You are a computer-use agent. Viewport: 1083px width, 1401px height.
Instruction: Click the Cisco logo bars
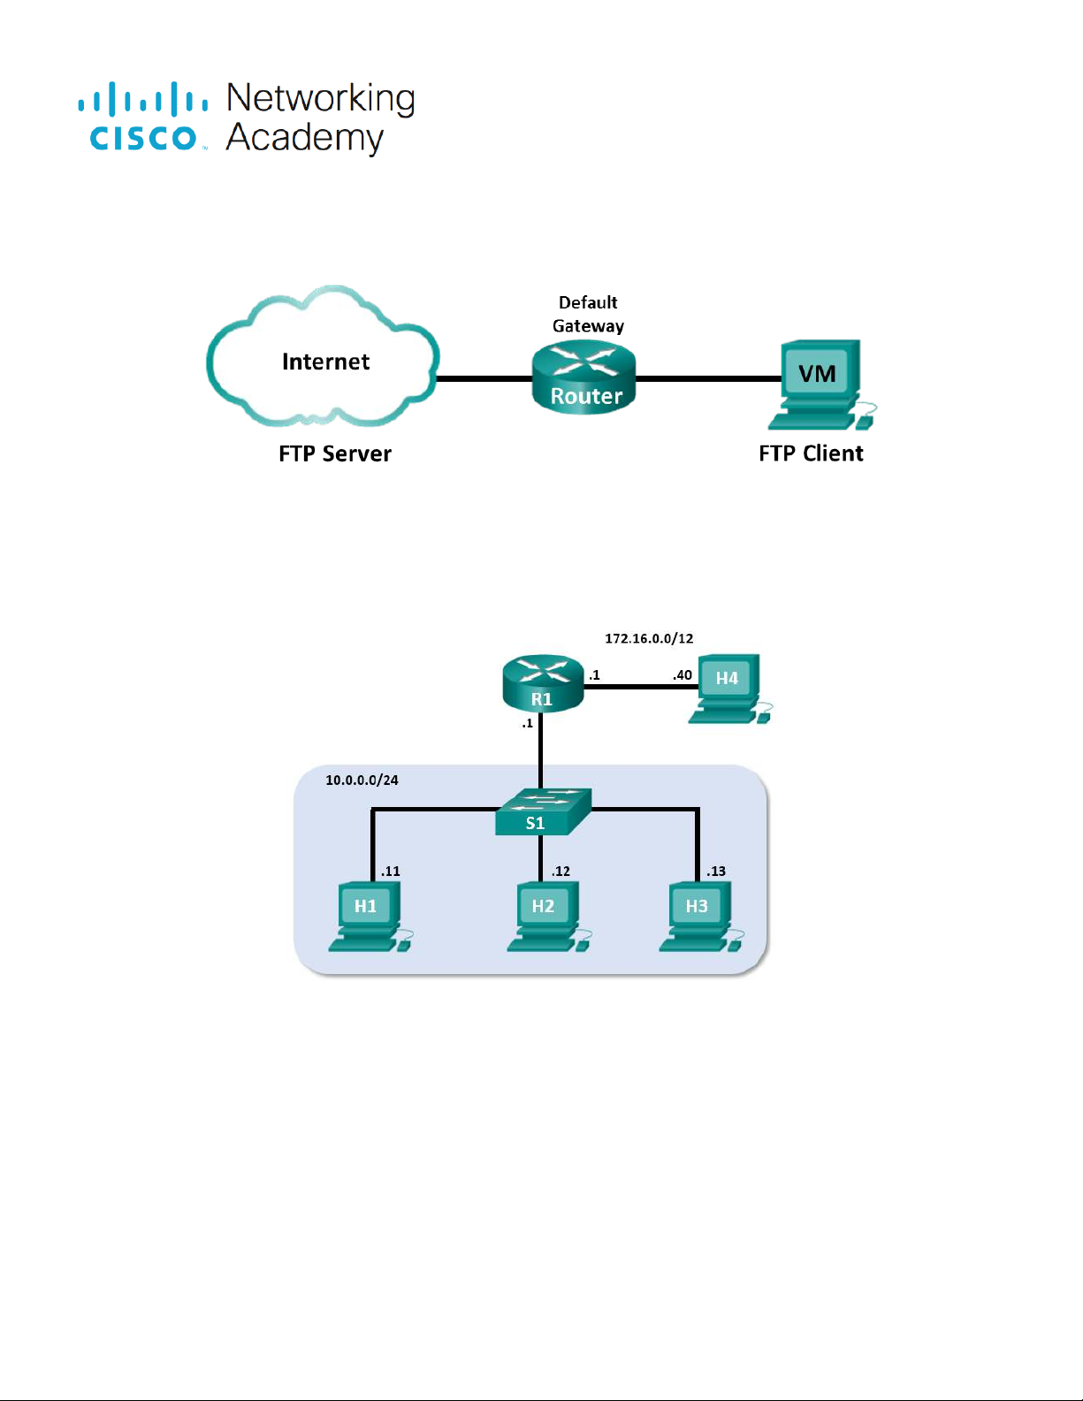pos(143,99)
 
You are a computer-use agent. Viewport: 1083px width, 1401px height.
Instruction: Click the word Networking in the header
pos(320,98)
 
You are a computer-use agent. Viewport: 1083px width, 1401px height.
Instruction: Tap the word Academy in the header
pos(304,138)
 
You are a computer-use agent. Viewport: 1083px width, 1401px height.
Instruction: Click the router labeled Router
pos(583,377)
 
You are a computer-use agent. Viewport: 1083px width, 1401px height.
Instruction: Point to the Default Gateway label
pos(588,314)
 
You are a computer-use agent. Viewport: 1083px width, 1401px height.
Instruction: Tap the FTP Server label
pos(334,453)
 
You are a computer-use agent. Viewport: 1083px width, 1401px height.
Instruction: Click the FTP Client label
pos(811,453)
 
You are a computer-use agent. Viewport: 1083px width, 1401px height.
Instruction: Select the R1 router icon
pos(543,683)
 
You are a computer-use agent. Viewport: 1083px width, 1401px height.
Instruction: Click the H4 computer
pos(728,688)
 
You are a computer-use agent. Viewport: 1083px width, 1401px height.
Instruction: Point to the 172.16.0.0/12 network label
pos(649,638)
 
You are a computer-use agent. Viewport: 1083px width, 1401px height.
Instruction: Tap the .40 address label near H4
pos(682,675)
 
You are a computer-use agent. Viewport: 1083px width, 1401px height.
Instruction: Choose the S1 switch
pos(542,811)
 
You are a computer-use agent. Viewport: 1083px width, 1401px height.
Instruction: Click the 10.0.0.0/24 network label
pos(362,780)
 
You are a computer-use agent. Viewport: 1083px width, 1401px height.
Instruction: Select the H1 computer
pos(368,916)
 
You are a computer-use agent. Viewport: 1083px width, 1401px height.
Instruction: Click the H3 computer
pos(699,916)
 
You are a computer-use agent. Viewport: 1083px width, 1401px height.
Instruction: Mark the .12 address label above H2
pos(561,871)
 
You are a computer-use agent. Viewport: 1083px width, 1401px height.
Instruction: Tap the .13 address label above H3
pos(715,871)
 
